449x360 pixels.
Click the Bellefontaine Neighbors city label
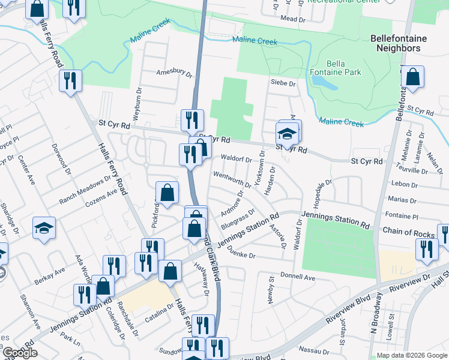399,43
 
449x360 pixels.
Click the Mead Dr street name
293,19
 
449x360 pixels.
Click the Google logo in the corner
20,352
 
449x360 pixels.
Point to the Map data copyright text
411,355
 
